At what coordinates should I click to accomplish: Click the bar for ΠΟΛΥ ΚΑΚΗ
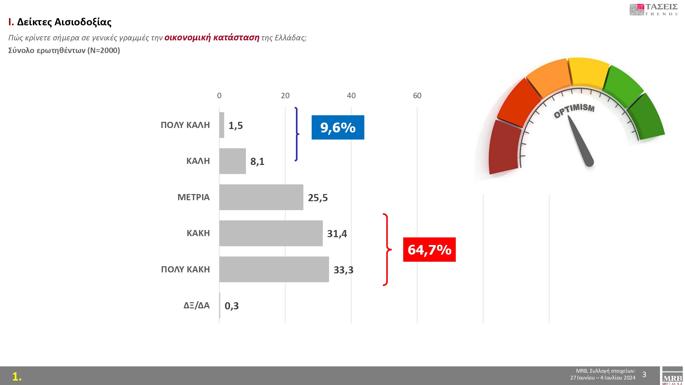274,269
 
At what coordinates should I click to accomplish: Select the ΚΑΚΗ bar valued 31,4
271,233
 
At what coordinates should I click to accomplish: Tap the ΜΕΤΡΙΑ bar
261,197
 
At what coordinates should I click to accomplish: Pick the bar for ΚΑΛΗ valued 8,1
233,161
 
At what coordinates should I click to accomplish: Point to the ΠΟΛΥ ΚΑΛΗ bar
222,125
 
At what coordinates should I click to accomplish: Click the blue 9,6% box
338,127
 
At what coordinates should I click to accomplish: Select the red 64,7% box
429,249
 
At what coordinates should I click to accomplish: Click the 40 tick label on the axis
351,96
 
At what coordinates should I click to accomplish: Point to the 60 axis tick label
417,96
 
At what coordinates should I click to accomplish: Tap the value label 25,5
317,198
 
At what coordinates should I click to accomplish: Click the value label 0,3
232,306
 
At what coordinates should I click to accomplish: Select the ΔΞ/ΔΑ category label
196,305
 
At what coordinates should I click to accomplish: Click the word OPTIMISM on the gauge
574,110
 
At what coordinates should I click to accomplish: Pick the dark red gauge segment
503,147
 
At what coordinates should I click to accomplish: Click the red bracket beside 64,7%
386,249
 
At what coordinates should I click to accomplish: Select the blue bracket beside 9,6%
297,134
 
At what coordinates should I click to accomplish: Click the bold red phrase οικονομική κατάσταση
212,37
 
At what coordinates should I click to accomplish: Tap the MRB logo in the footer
672,376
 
